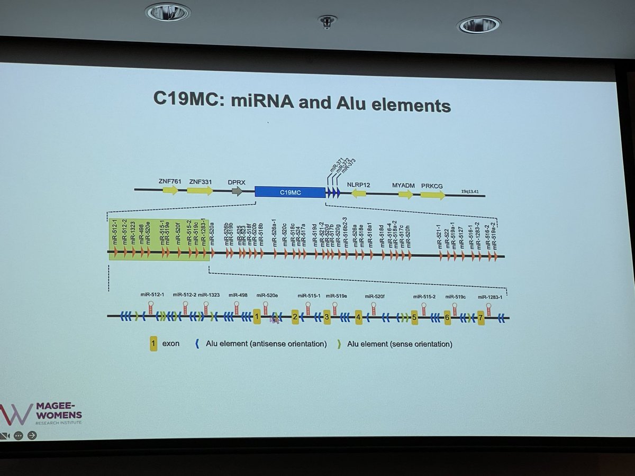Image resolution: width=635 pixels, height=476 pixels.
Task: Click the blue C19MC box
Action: (290, 193)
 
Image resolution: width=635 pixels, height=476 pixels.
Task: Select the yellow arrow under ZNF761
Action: (170, 190)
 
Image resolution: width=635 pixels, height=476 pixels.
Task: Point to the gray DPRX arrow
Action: (237, 191)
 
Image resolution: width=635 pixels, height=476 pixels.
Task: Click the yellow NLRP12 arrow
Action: (359, 194)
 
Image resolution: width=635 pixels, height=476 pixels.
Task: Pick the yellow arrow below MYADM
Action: (405, 194)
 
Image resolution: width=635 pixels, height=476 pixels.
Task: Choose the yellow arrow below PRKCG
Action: (433, 195)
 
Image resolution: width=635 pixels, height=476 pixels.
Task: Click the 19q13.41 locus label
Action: (471, 193)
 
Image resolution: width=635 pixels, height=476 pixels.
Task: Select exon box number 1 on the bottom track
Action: (257, 317)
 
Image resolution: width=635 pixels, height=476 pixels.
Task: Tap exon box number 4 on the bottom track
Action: (358, 317)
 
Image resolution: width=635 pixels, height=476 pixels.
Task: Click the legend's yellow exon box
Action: (153, 344)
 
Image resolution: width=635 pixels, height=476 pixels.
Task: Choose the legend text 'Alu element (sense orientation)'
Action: (400, 344)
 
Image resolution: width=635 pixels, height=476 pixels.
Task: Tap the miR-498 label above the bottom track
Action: (236, 295)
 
